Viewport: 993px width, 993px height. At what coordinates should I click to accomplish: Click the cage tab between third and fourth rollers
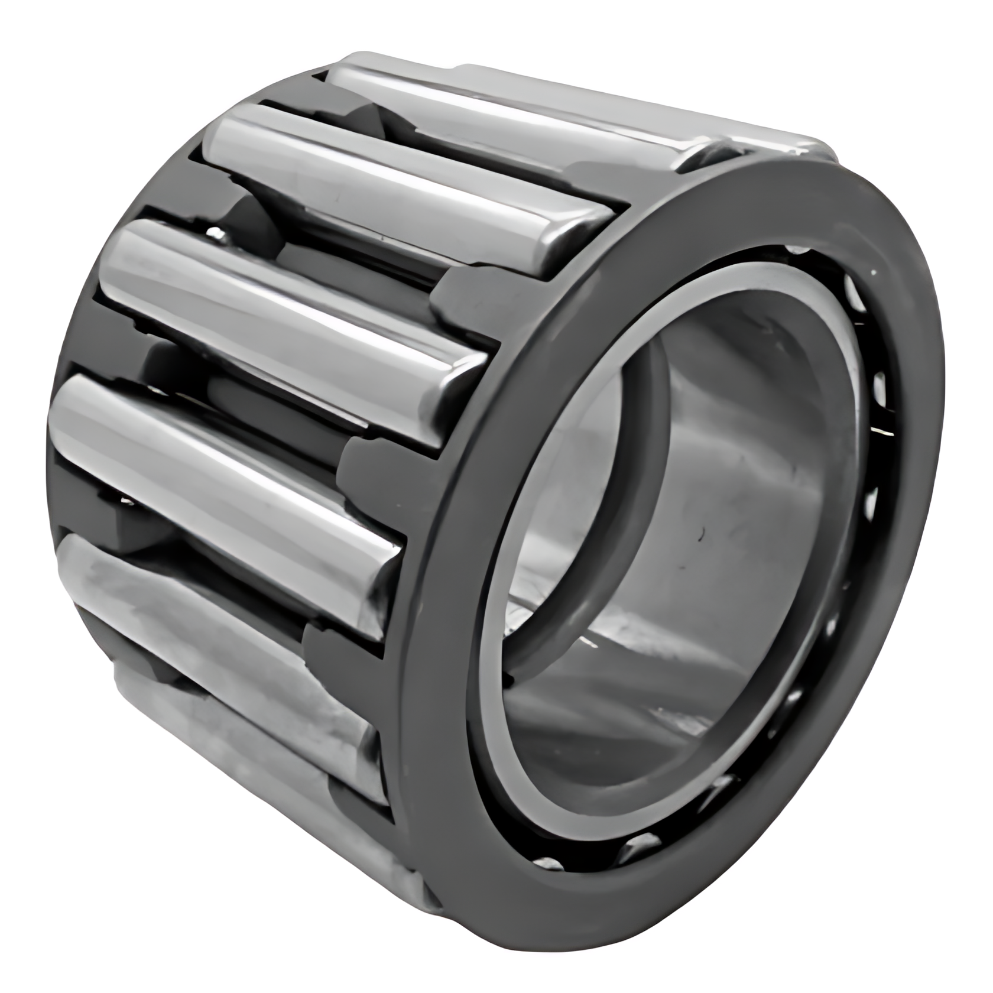361,461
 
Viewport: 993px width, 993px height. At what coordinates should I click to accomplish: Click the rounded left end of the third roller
118,260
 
